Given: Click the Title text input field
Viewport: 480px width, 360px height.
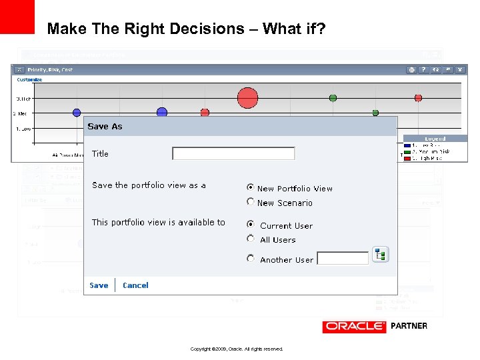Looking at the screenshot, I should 233,153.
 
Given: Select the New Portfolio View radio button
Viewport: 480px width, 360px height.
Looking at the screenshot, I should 251,188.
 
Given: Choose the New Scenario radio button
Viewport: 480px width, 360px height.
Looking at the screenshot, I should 251,202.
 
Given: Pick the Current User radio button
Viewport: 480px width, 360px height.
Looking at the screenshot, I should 251,225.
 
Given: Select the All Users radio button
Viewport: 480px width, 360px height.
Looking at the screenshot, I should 251,239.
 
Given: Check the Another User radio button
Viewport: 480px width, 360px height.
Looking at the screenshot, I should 251,259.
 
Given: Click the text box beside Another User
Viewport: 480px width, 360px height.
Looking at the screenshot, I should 343,259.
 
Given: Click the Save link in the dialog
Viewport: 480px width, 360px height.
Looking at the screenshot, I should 99,285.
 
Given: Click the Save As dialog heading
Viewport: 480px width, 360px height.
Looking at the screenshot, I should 105,126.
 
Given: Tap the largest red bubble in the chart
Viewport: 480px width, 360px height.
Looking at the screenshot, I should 247,98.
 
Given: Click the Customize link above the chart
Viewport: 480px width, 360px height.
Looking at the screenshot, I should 29,79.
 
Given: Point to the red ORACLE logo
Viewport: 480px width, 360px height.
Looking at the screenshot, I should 354,326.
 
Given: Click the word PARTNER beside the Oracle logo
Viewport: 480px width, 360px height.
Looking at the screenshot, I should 409,326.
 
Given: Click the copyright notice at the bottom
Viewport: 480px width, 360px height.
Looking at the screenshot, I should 237,349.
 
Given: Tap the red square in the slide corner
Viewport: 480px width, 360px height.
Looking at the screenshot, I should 17,17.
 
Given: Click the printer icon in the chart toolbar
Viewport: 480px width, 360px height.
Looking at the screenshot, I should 412,69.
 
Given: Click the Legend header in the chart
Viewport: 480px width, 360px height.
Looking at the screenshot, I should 435,139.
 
